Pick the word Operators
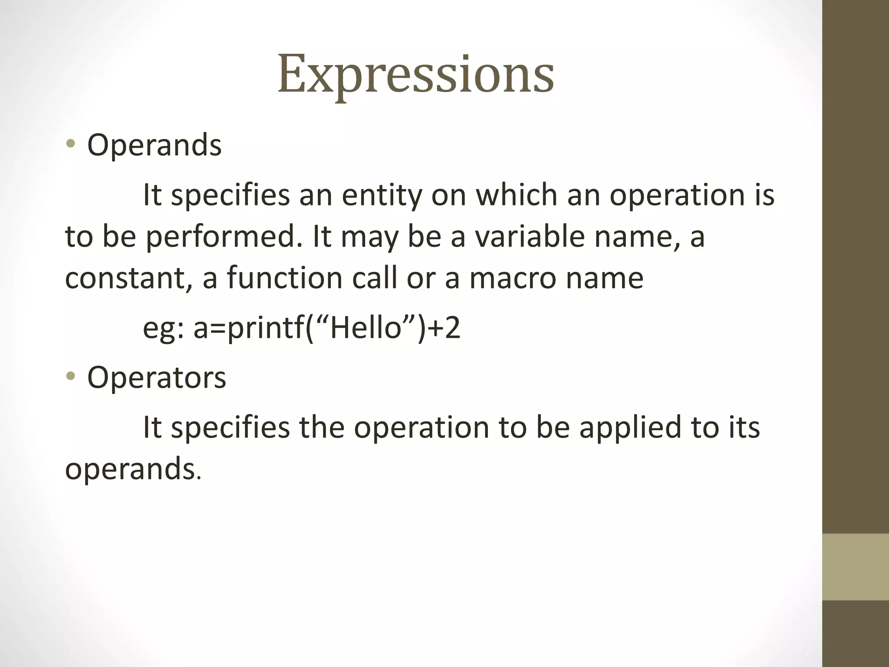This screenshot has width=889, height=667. pyautogui.click(x=156, y=377)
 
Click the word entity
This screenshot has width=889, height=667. pyautogui.click(x=382, y=195)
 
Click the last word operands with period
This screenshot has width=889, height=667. pyautogui.click(x=133, y=469)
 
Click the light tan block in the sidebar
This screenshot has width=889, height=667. pyautogui.click(x=855, y=567)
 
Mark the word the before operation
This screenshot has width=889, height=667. pyautogui.click(x=321, y=427)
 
